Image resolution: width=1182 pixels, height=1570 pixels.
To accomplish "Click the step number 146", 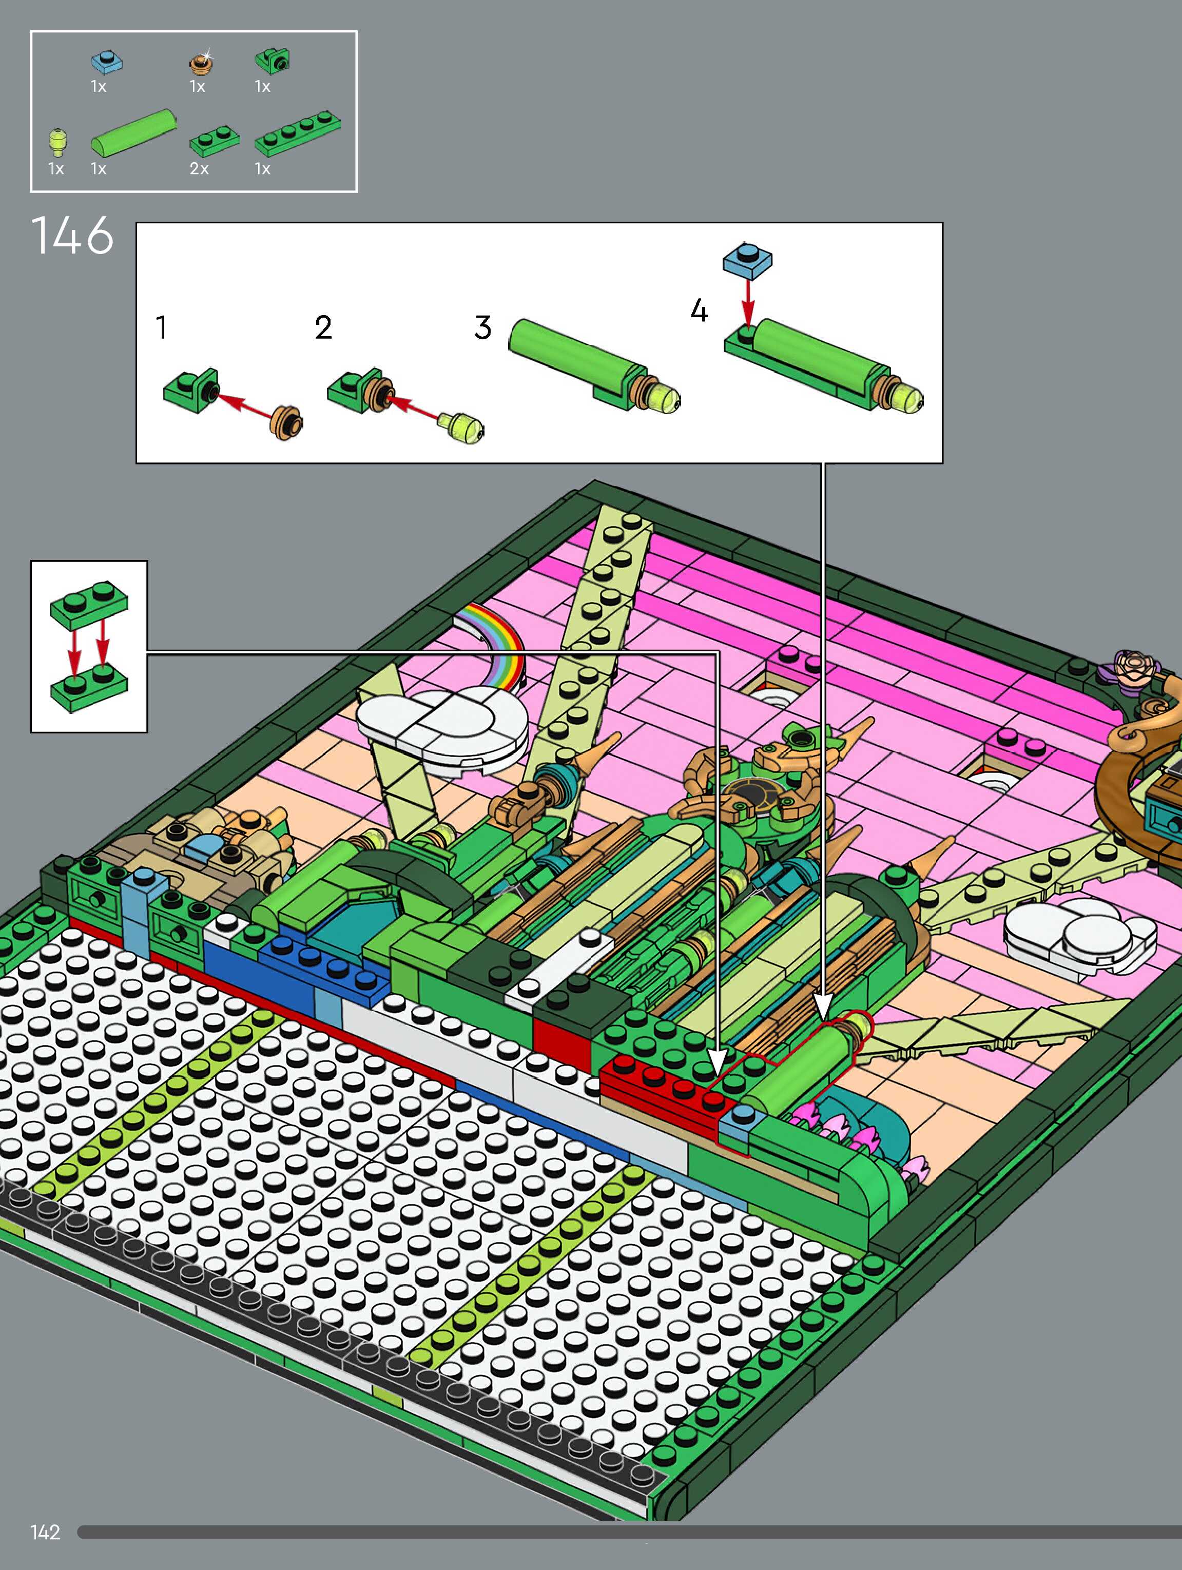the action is tap(72, 235).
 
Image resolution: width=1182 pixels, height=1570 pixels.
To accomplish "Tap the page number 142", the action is tap(46, 1533).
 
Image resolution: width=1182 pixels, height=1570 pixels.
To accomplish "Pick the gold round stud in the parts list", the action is tap(201, 63).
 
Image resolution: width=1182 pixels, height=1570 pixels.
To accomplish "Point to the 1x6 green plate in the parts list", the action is tap(298, 133).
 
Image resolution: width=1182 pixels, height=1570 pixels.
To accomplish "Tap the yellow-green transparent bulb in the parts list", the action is tap(57, 141).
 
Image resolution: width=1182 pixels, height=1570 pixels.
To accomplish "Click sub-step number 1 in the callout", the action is tap(162, 327).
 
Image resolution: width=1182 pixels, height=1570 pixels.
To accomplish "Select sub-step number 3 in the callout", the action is tap(483, 327).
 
